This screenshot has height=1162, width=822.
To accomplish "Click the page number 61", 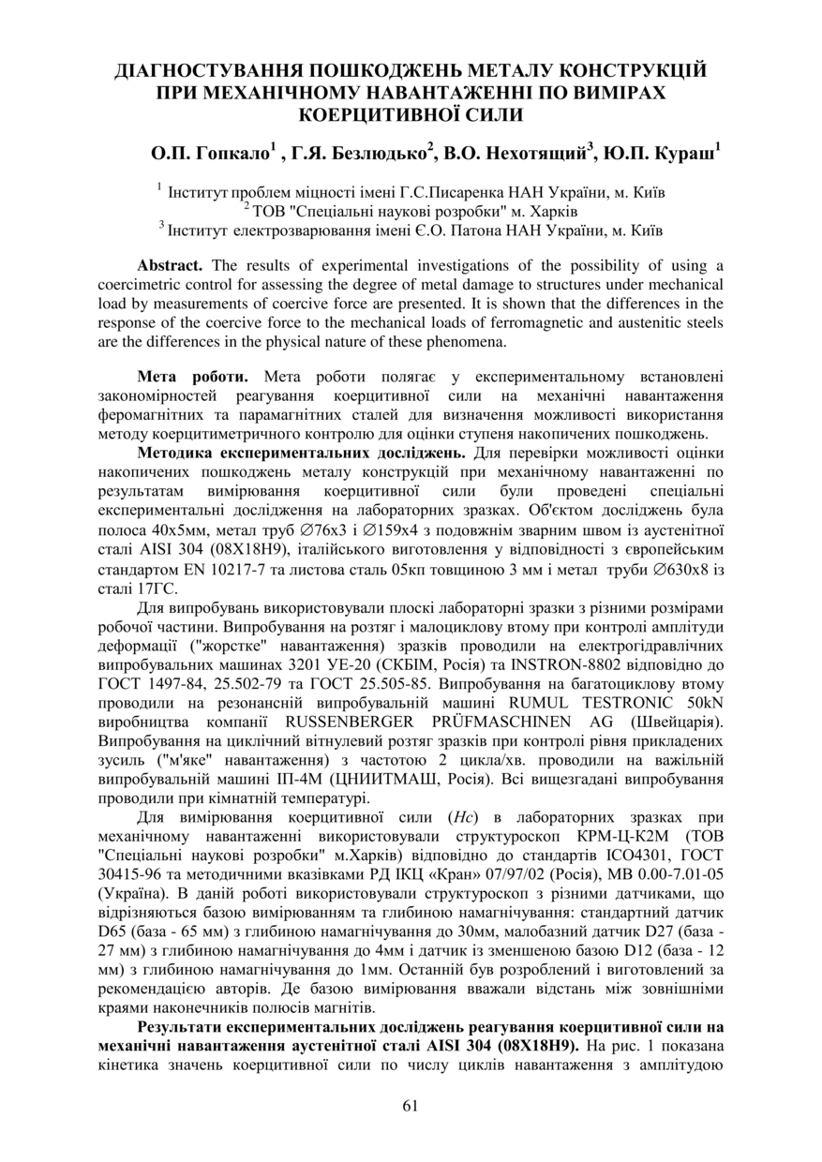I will (410, 1106).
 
